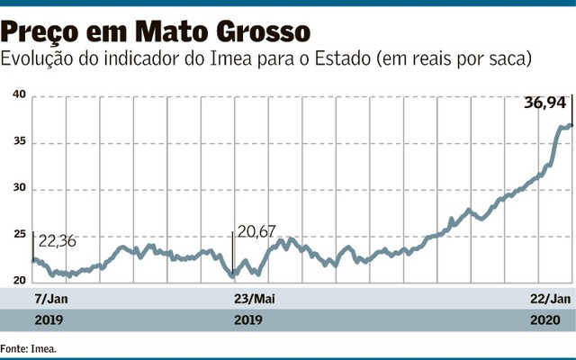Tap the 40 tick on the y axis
tap(18, 95)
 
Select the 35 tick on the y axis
tap(18, 142)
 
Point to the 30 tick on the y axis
tap(18, 189)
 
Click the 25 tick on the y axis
tap(18, 235)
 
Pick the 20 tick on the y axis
tap(18, 282)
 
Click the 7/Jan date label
tap(51, 298)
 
